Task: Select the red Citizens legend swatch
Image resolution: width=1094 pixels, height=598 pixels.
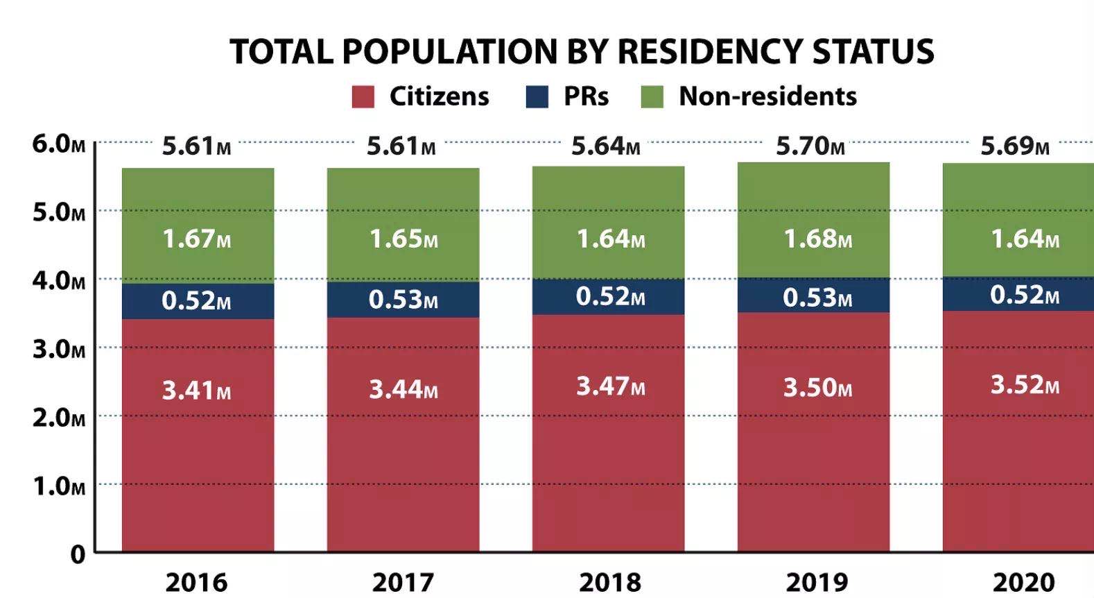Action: [x=363, y=96]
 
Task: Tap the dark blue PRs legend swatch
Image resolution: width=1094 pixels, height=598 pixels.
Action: [x=537, y=96]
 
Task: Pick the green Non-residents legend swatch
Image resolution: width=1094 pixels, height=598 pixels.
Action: [x=652, y=96]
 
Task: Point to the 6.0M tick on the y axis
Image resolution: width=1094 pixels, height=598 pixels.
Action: [x=58, y=144]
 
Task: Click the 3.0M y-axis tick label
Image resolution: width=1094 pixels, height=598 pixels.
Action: [x=58, y=349]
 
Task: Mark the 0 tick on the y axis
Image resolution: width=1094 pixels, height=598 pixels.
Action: [x=78, y=554]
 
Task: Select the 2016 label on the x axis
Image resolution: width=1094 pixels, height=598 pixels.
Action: [x=196, y=582]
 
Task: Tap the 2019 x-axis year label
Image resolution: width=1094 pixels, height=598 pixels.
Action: [x=816, y=582]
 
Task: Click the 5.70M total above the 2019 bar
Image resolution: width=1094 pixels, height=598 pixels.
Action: [x=810, y=146]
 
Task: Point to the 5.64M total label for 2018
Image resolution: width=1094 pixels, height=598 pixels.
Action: [x=605, y=146]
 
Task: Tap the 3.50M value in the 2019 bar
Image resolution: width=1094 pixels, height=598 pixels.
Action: [x=817, y=387]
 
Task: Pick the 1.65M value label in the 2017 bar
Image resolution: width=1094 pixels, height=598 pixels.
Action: [x=403, y=239]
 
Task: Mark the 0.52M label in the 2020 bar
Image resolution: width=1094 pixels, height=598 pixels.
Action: [x=1024, y=295]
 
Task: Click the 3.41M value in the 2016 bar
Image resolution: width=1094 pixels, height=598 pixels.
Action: [x=196, y=391]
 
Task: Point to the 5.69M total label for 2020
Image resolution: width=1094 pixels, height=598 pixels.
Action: [x=1014, y=146]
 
